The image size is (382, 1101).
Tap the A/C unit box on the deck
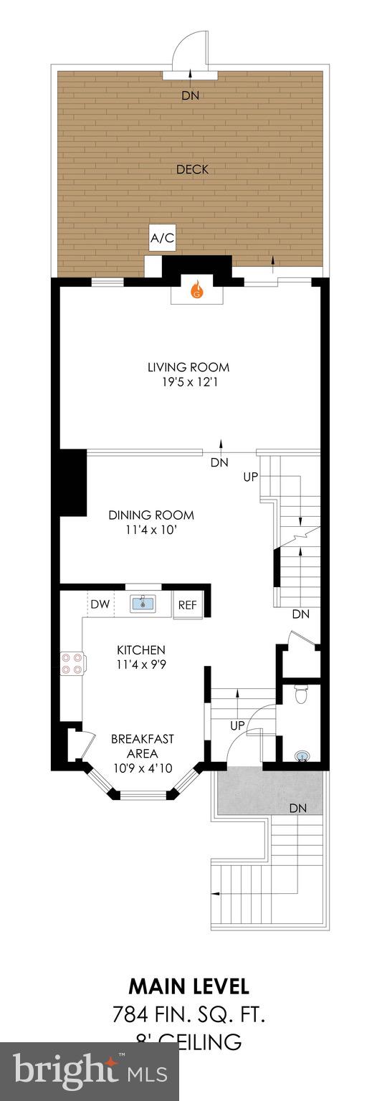(x=162, y=239)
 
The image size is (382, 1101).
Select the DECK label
(x=192, y=170)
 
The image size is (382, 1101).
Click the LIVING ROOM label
(x=188, y=368)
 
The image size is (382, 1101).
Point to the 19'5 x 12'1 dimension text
(x=188, y=383)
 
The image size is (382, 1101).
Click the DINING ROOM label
(x=151, y=515)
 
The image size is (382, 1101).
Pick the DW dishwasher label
(x=100, y=605)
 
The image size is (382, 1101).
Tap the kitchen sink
(x=143, y=604)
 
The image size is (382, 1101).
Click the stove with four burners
(x=72, y=663)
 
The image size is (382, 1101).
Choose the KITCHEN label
(x=141, y=649)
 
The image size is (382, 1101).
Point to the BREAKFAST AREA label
(x=142, y=745)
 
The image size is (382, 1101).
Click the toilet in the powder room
(x=301, y=694)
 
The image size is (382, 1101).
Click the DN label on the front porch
(x=298, y=808)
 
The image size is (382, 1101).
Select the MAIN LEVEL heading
(x=189, y=986)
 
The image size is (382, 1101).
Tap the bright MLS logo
(x=90, y=1072)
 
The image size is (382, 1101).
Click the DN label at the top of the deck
(x=190, y=95)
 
